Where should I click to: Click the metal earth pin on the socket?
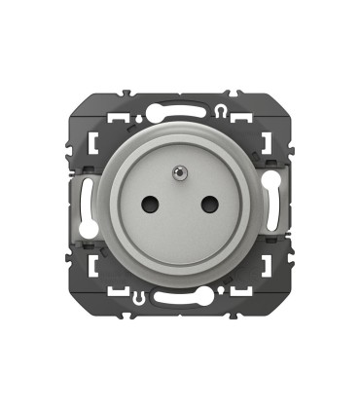(180, 173)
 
